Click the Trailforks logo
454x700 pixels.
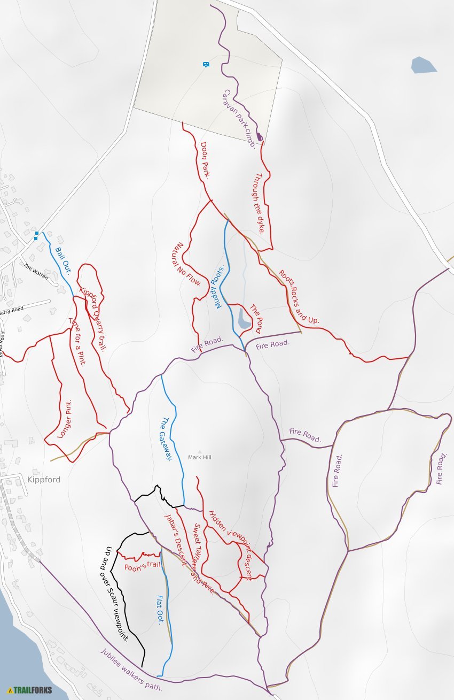(x=30, y=690)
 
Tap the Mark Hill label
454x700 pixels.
(x=200, y=457)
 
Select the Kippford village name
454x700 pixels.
(x=44, y=480)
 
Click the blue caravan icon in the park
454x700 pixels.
(x=206, y=64)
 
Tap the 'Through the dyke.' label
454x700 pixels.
(x=260, y=203)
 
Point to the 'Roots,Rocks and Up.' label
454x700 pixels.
(x=299, y=296)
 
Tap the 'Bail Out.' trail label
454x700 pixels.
(x=63, y=260)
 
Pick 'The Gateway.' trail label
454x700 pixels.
(x=166, y=439)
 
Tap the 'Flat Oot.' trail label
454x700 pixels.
(x=160, y=609)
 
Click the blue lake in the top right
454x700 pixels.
(x=423, y=65)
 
